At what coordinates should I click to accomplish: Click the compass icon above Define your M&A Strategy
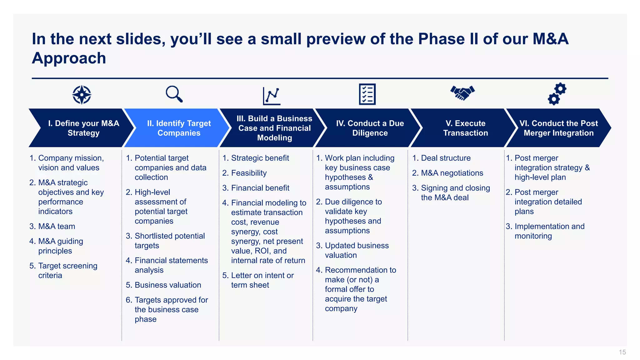click(x=82, y=94)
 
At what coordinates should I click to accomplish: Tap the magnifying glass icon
click(x=174, y=94)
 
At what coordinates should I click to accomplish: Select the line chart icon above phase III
click(x=272, y=96)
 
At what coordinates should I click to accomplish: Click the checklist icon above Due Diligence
click(x=367, y=94)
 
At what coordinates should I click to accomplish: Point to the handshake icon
click(x=462, y=93)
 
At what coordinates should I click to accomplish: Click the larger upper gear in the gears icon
click(x=561, y=89)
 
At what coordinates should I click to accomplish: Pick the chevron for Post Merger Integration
click(x=558, y=128)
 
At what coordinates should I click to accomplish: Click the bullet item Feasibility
click(x=249, y=173)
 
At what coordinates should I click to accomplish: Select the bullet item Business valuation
click(x=167, y=285)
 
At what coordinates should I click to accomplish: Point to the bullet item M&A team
click(x=57, y=226)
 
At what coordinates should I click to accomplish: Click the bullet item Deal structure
click(x=445, y=158)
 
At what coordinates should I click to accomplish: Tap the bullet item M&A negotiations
click(x=452, y=173)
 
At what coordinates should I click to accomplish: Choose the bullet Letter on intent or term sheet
click(x=262, y=280)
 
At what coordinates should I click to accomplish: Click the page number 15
click(x=622, y=352)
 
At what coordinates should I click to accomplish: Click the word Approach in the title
click(x=69, y=58)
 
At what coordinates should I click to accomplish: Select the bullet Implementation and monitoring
click(x=549, y=231)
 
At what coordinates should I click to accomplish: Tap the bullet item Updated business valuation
click(x=356, y=250)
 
